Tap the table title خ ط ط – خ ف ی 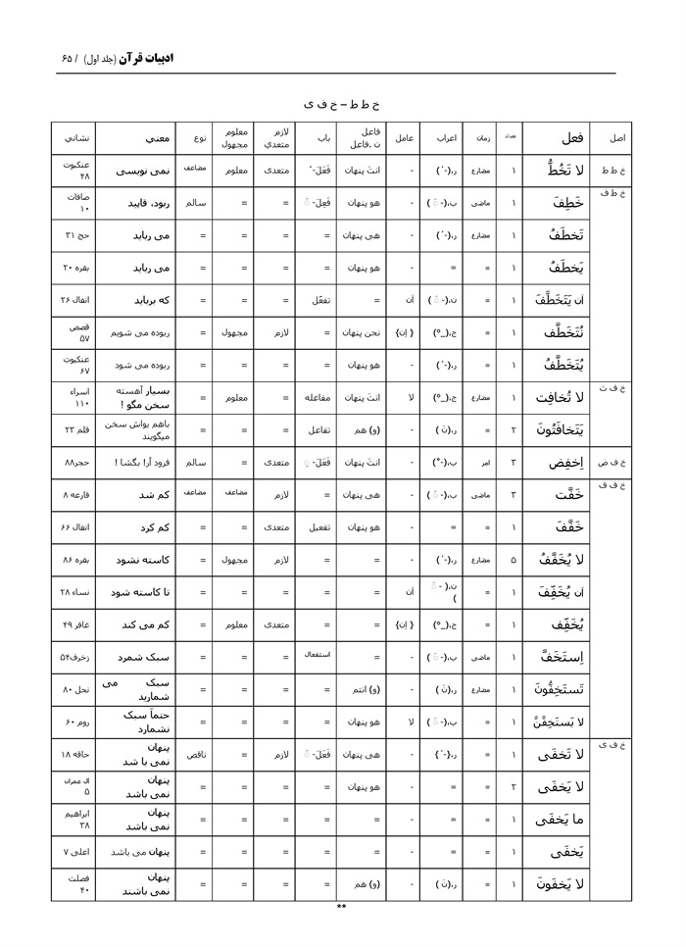(341, 102)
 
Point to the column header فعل (569, 138)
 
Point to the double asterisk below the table (341, 908)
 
